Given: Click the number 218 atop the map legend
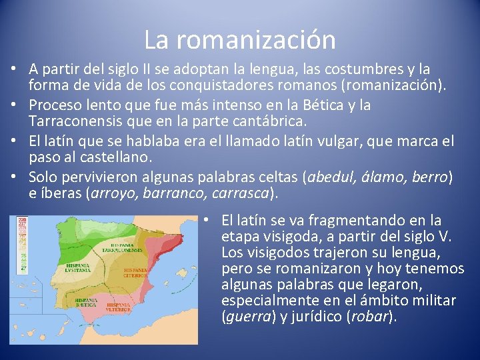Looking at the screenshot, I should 23,219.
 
